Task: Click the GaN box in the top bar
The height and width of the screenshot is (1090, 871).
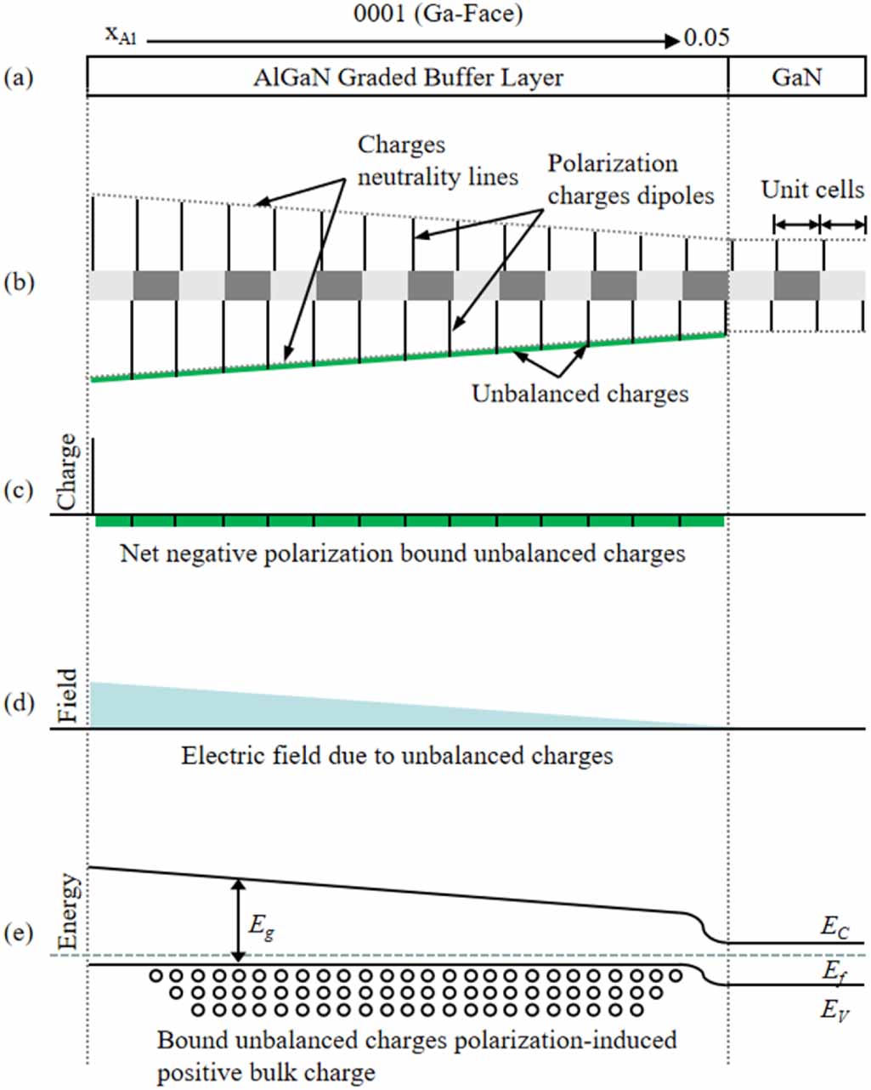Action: (x=796, y=78)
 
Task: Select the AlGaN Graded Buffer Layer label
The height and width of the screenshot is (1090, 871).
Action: (x=408, y=78)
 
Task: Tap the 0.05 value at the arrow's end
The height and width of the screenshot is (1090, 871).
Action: (x=707, y=38)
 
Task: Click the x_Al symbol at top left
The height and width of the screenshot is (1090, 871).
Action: (x=121, y=35)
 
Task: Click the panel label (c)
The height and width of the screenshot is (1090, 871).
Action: (x=19, y=491)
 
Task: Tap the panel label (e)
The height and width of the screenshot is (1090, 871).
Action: (x=19, y=933)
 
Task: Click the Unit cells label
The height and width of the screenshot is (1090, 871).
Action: (x=812, y=189)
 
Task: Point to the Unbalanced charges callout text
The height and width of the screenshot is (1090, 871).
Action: (x=580, y=394)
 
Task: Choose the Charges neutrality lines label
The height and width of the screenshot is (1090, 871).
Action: (x=438, y=161)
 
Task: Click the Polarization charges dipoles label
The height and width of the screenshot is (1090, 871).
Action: (x=630, y=179)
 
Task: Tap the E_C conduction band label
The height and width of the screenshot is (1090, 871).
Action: (x=834, y=928)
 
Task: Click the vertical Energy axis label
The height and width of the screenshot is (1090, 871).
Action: (x=68, y=912)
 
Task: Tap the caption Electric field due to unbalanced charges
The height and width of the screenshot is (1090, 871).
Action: (x=397, y=756)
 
